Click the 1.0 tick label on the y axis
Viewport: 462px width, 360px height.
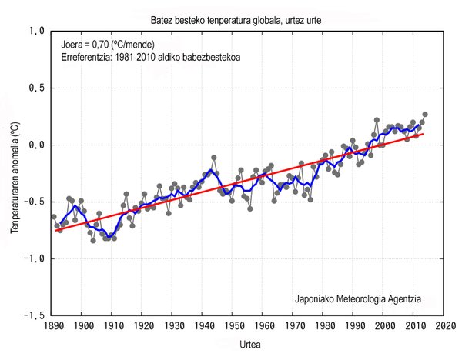[36, 31]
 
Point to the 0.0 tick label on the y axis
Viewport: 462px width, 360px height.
[36, 145]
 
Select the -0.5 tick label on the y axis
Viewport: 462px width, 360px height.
[34, 202]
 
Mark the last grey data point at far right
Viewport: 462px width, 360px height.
[425, 115]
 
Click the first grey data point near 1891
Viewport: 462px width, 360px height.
[54, 217]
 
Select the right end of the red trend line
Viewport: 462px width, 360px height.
[423, 134]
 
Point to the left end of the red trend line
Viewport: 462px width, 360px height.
[55, 230]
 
